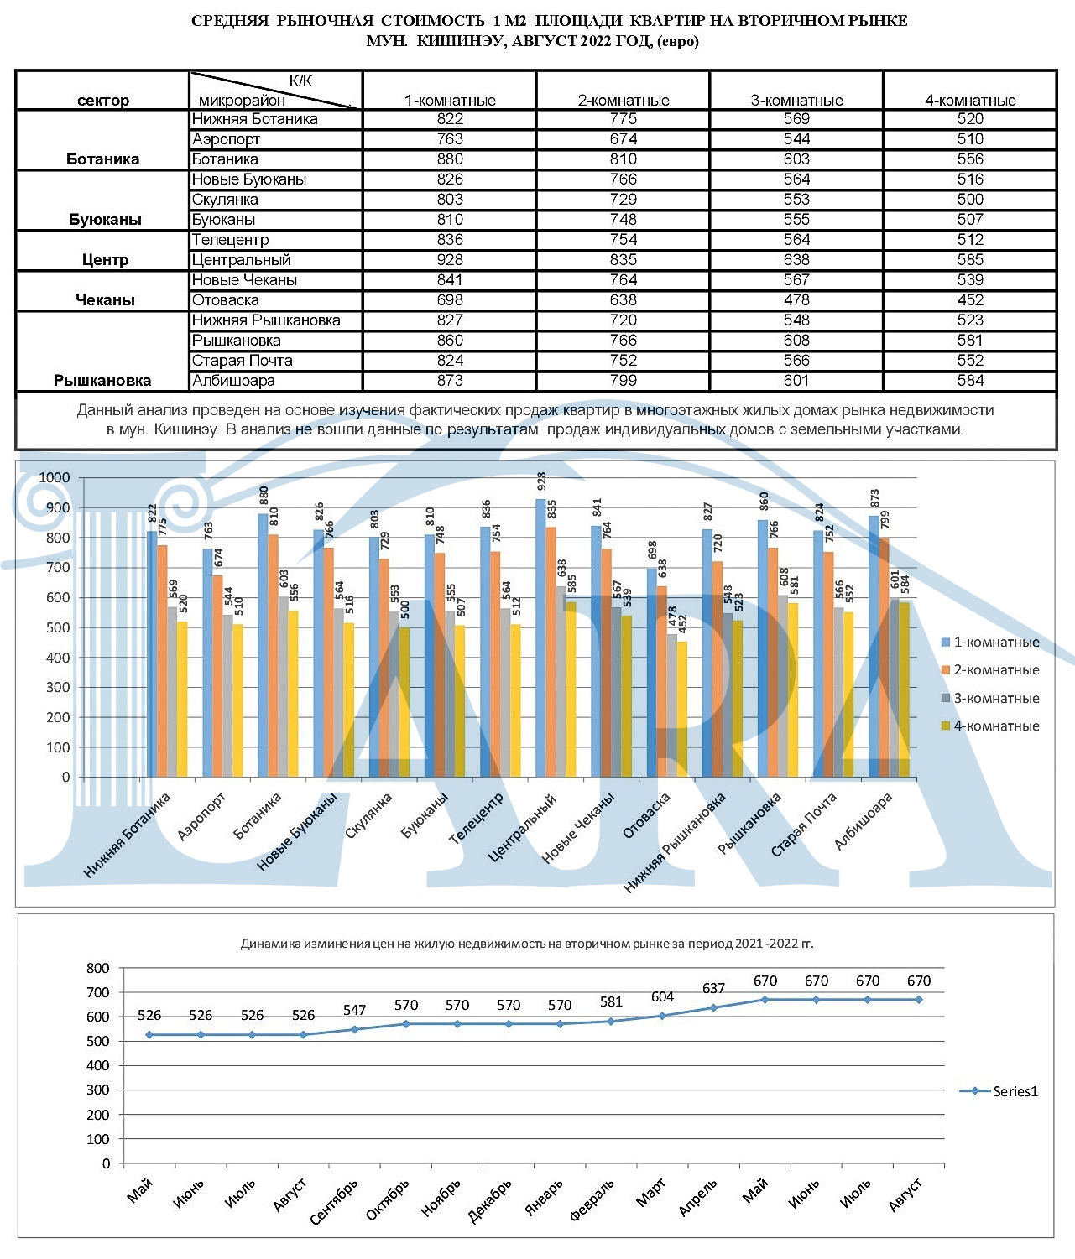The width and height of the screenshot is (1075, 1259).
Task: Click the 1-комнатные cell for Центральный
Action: click(450, 259)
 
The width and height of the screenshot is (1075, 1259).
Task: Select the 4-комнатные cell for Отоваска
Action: click(969, 299)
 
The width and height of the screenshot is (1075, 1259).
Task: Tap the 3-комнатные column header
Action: click(796, 100)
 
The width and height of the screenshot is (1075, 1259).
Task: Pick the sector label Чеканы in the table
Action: click(105, 299)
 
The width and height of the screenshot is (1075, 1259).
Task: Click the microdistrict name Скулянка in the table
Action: click(225, 199)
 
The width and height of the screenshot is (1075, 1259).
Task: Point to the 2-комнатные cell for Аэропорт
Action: click(624, 139)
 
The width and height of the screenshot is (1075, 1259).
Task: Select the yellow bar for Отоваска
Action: click(682, 709)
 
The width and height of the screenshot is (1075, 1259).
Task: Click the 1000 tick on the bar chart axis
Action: click(55, 477)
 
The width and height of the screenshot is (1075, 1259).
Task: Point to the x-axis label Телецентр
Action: click(476, 818)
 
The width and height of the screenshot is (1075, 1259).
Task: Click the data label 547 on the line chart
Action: click(354, 1010)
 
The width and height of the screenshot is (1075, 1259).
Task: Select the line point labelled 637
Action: click(713, 1007)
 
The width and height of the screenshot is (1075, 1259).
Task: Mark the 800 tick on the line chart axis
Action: click(97, 968)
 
